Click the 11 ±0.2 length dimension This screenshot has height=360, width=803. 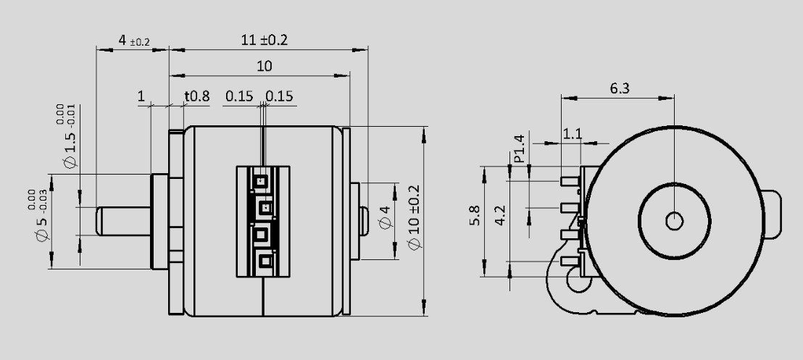click(264, 41)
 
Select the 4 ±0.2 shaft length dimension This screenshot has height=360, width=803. click(133, 41)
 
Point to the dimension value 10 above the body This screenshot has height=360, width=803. click(265, 66)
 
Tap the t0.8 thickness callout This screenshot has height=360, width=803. click(196, 96)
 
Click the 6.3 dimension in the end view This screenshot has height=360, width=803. click(620, 88)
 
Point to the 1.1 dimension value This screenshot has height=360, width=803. click(573, 134)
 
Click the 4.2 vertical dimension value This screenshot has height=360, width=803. click(500, 216)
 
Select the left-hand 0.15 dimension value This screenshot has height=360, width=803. click(239, 96)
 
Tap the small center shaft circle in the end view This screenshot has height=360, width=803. click(674, 220)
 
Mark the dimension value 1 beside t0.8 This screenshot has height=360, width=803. click(141, 96)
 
